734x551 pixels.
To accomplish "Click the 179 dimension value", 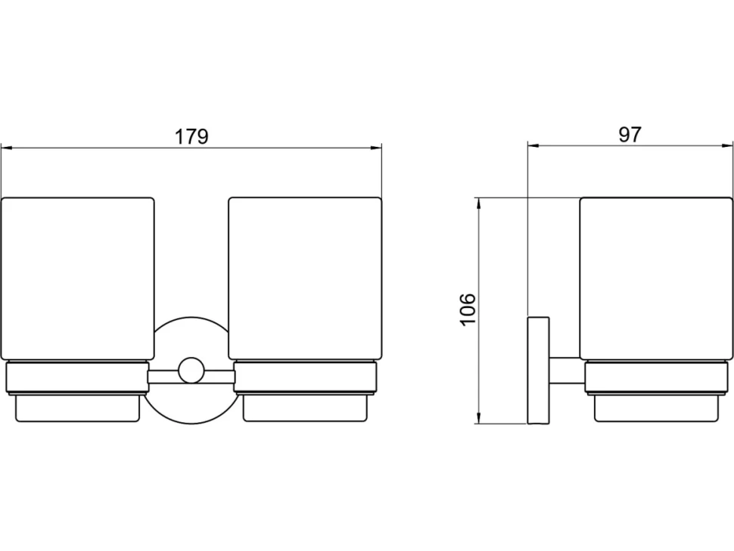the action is point(191,137).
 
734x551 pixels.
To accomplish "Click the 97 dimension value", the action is point(630,135).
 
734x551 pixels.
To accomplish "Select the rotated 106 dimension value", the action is point(468,310).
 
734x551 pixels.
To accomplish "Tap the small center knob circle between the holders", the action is point(191,370).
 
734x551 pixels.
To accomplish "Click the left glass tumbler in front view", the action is point(78,279).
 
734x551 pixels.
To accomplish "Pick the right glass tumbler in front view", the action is point(305,279).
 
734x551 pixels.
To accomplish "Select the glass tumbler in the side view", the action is point(656,279).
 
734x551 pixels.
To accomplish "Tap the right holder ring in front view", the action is point(305,378).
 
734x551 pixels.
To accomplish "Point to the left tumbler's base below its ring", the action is point(78,408).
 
